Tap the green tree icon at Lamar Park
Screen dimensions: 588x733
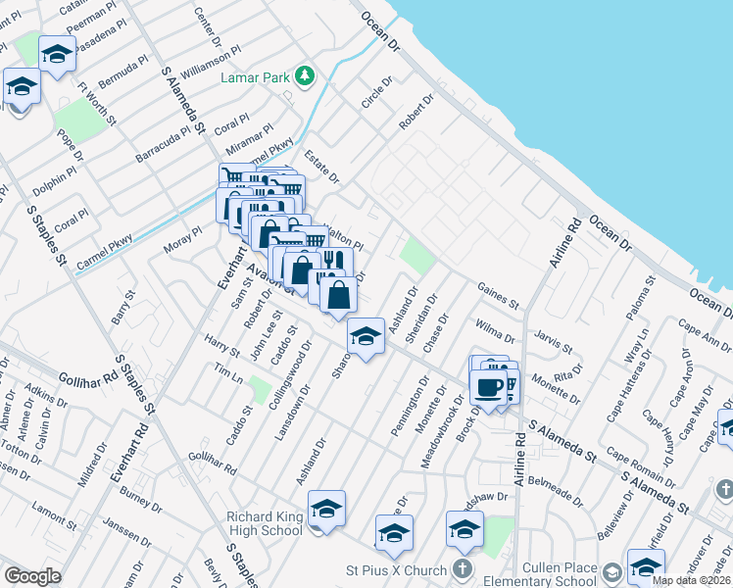[x=305, y=75]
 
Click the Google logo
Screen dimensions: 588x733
[x=32, y=576]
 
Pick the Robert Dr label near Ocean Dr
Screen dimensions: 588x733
[x=415, y=113]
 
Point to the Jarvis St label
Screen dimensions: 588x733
[x=554, y=341]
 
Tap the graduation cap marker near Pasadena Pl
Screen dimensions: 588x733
[x=57, y=56]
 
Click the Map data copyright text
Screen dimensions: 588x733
[x=691, y=580]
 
